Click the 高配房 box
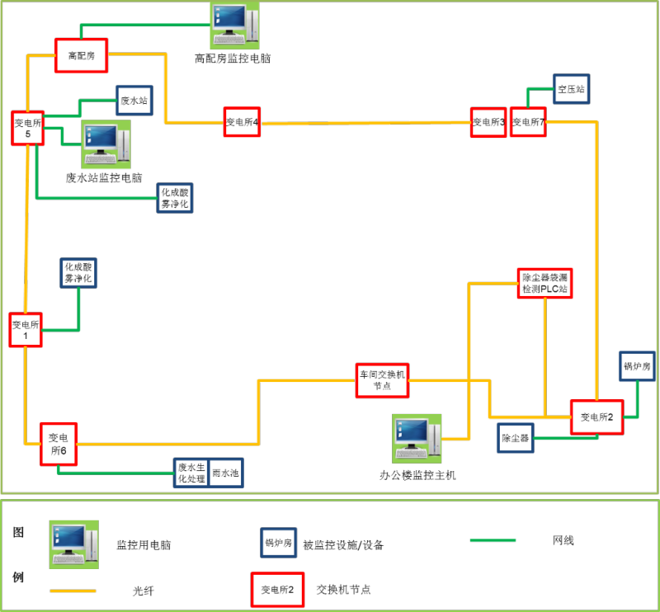click(x=82, y=55)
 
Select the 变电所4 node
click(x=242, y=122)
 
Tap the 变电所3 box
click(x=488, y=122)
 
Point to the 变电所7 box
click(x=529, y=122)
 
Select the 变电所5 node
click(x=27, y=129)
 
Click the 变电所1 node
click(x=26, y=330)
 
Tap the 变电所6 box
click(x=58, y=444)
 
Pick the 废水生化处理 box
click(x=191, y=473)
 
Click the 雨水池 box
click(x=225, y=473)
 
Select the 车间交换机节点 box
click(x=382, y=380)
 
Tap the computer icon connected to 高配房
click(x=233, y=25)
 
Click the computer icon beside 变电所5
click(x=106, y=144)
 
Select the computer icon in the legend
click(x=73, y=544)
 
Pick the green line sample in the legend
click(x=493, y=541)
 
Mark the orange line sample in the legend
click(x=73, y=591)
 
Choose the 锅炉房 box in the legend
click(x=278, y=543)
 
